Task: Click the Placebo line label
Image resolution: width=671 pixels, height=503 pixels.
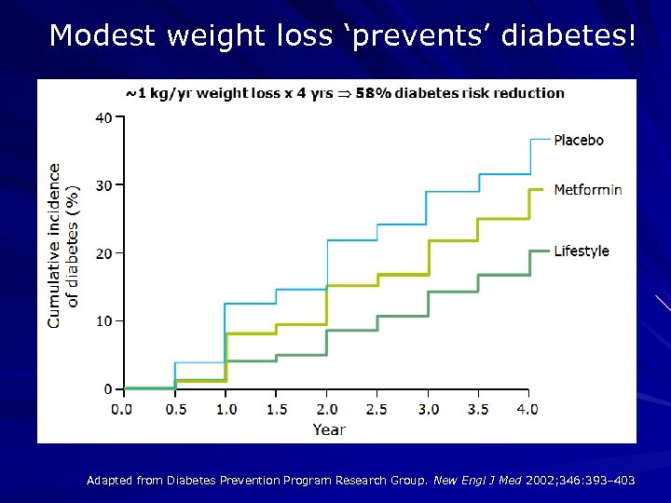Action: pos(579,141)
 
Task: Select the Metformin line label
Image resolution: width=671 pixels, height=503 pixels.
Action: pos(588,190)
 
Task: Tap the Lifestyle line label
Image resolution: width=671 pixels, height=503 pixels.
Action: pos(582,251)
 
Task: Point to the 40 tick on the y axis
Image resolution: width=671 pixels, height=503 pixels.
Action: pos(103,117)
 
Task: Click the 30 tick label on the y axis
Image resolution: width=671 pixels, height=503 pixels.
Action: pos(103,185)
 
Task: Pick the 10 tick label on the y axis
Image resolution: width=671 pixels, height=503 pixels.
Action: pos(103,321)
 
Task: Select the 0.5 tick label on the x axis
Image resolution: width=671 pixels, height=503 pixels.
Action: pos(175,409)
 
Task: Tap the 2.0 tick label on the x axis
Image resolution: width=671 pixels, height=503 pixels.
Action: pos(326,409)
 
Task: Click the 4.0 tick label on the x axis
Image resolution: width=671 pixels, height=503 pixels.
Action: pos(527,409)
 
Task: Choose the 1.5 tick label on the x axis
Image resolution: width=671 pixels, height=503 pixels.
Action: pos(276,409)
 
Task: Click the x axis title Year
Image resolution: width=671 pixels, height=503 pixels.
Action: pos(329,429)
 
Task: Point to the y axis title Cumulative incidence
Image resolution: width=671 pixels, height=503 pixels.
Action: pos(54,246)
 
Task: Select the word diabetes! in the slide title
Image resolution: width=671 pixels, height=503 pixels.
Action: pos(569,36)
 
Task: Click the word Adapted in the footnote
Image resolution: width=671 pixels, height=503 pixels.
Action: pos(109,481)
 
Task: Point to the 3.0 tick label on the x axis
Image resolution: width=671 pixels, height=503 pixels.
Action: pos(427,409)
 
